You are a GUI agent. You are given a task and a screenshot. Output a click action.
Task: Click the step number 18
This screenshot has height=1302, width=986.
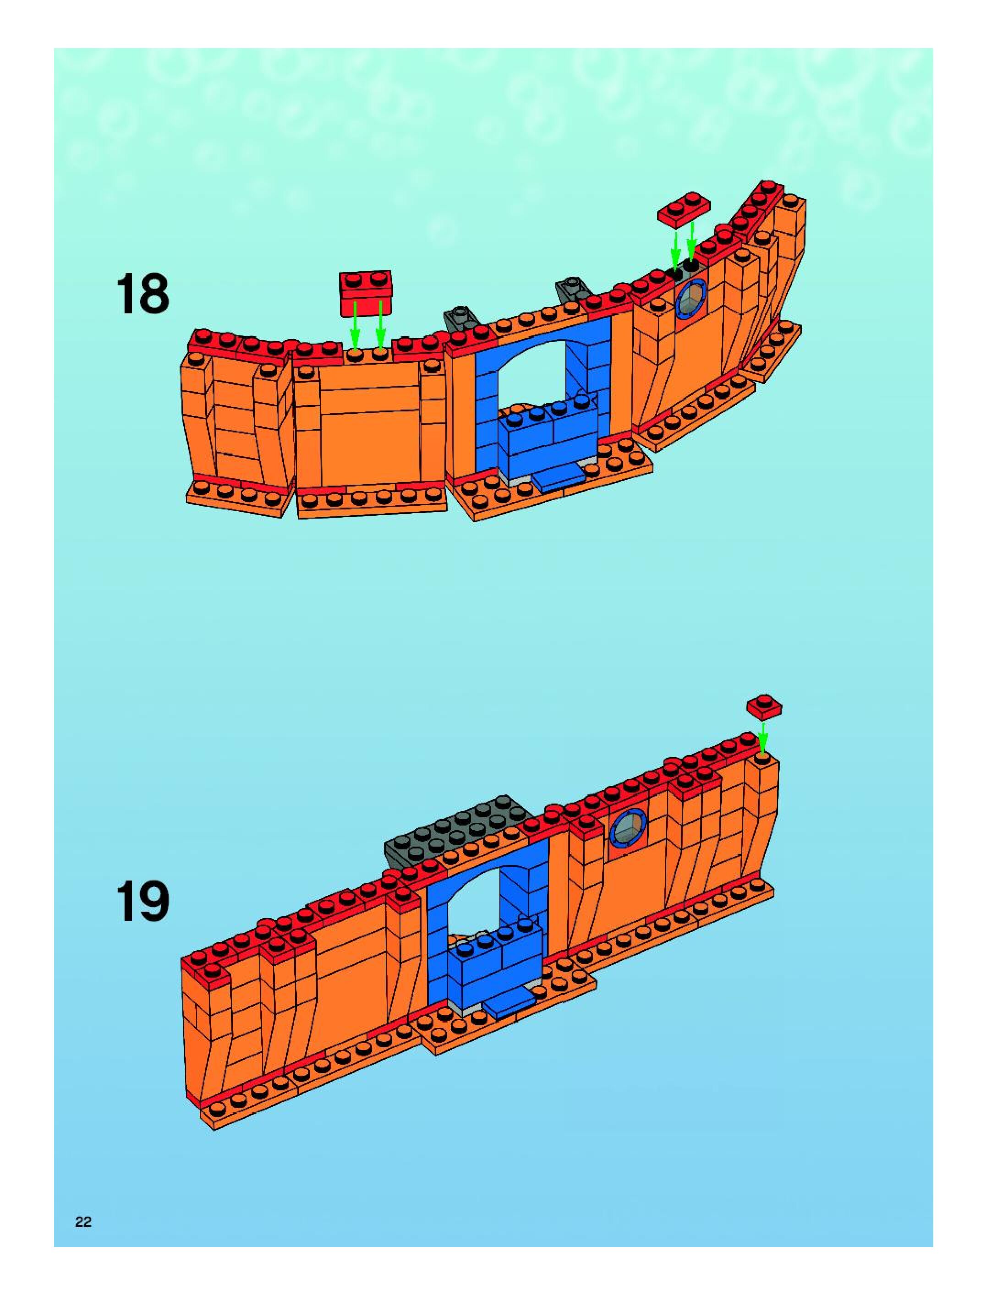143,293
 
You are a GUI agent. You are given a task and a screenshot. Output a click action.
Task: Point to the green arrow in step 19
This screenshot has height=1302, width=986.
763,736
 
